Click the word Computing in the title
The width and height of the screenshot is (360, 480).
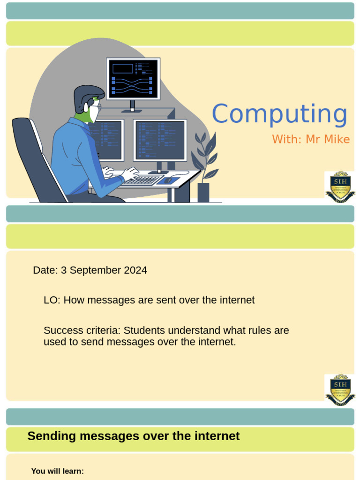[279, 114]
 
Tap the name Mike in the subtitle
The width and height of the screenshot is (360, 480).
[339, 139]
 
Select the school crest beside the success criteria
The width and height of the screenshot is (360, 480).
[340, 390]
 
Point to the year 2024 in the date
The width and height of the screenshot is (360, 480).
[135, 270]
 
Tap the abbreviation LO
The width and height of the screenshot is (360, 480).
[52, 300]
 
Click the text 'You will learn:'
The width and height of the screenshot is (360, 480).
[57, 471]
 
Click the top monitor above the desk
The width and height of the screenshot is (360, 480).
[133, 79]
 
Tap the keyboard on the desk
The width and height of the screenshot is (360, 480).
[142, 180]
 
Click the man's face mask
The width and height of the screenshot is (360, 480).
[94, 113]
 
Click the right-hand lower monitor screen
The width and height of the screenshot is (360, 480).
[160, 140]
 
